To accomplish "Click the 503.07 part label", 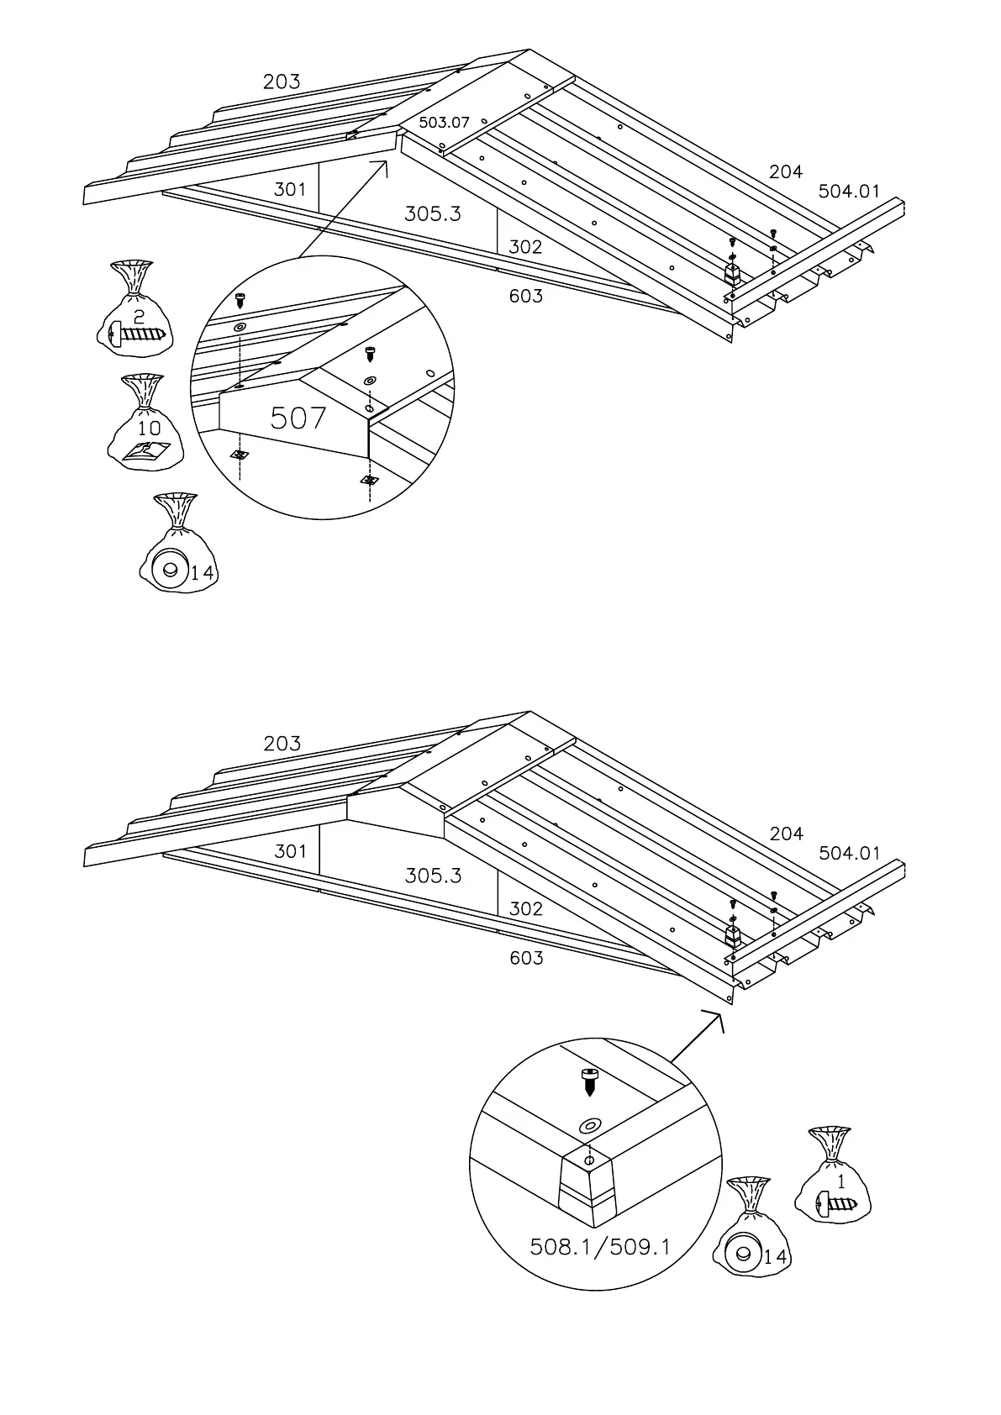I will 444,123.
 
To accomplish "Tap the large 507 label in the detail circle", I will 298,418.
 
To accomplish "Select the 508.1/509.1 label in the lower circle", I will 600,1246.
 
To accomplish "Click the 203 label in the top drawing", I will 282,82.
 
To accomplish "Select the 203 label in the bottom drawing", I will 282,744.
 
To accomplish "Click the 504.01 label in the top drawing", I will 849,192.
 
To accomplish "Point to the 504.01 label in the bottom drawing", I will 849,854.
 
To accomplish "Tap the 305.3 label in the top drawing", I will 433,213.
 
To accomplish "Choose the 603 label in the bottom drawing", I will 526,958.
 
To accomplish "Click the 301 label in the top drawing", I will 290,190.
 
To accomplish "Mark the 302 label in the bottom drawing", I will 525,909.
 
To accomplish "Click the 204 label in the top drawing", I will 786,172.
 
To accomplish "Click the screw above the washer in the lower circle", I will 589,1081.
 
